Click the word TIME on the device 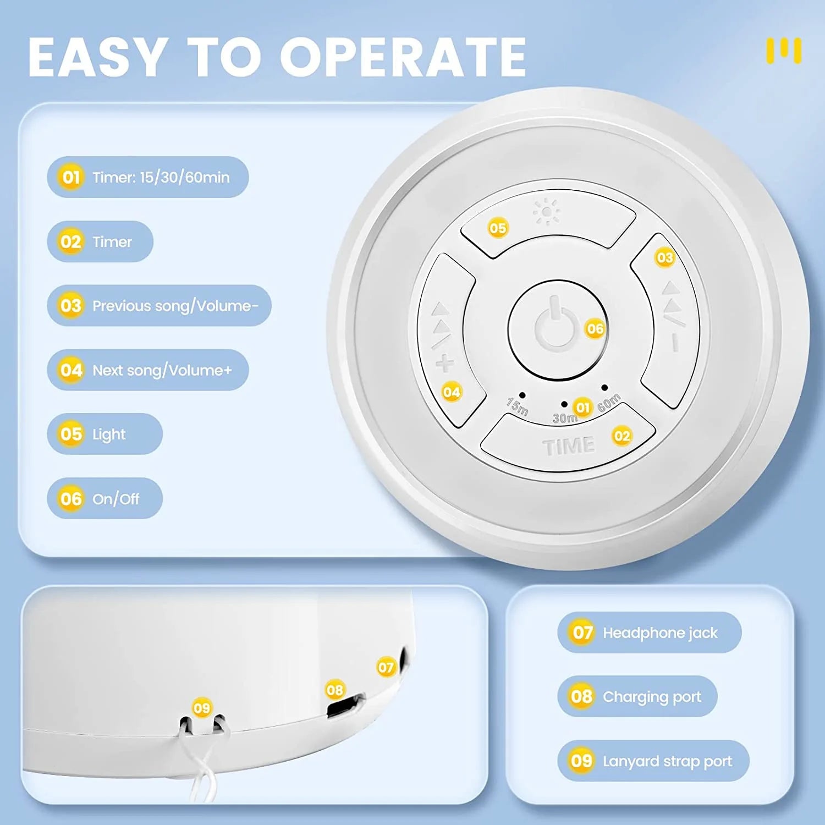pos(569,446)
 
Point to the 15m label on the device pos(518,406)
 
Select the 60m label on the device pos(609,403)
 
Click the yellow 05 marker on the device pos(498,228)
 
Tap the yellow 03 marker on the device pos(665,257)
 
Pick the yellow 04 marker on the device pos(452,392)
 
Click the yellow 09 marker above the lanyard pos(202,707)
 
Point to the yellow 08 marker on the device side pos(334,690)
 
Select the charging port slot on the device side pos(345,706)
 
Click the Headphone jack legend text pos(660,633)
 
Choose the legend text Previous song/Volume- pos(175,306)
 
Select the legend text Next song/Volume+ pos(162,370)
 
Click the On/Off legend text pos(116,499)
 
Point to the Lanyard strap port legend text pos(667,761)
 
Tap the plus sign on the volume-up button pos(445,364)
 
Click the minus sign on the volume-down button pos(675,342)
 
